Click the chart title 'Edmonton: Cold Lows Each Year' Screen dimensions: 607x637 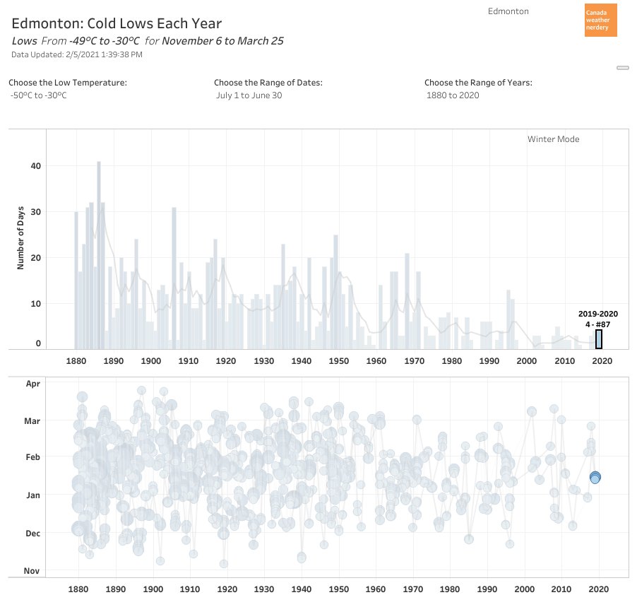point(117,24)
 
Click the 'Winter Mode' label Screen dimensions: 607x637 point(553,139)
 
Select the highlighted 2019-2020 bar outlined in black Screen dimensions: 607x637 point(599,339)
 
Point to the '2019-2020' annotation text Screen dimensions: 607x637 point(598,314)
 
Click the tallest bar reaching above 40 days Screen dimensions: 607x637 point(99,254)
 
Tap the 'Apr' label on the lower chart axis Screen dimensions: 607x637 point(33,384)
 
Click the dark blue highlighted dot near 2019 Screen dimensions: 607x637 point(595,478)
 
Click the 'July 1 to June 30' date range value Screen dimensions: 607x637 point(249,95)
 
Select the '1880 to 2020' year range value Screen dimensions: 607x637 point(453,95)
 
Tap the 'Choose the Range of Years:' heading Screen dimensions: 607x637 point(478,83)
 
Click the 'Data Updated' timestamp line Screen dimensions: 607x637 point(77,54)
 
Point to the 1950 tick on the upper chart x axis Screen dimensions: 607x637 point(339,361)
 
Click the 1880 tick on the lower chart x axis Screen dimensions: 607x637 point(78,589)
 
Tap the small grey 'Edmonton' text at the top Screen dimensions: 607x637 point(508,11)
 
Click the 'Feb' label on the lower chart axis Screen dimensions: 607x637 point(33,457)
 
